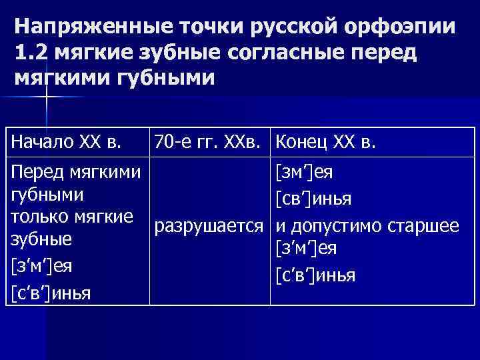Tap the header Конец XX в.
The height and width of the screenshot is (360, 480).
click(x=326, y=141)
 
